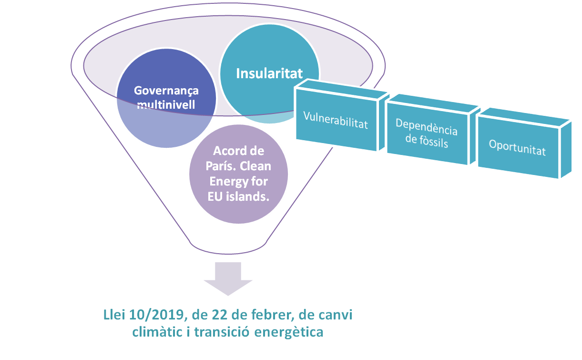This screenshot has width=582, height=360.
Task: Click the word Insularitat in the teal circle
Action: point(269,74)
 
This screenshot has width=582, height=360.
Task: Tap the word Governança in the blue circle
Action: point(166,91)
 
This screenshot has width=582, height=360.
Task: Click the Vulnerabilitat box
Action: point(336,119)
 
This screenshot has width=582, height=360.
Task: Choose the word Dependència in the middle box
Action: point(427,129)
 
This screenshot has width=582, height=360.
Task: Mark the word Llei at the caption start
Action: point(113,316)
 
